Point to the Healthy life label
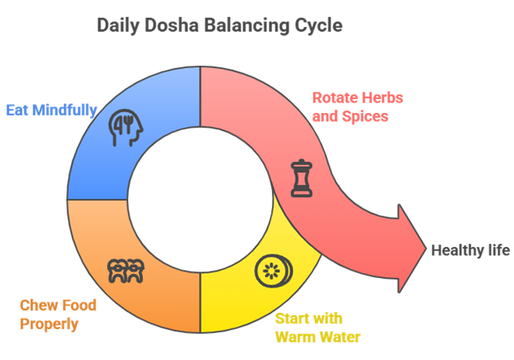tap(470, 250)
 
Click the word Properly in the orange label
tap(49, 323)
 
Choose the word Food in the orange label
tap(80, 306)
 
